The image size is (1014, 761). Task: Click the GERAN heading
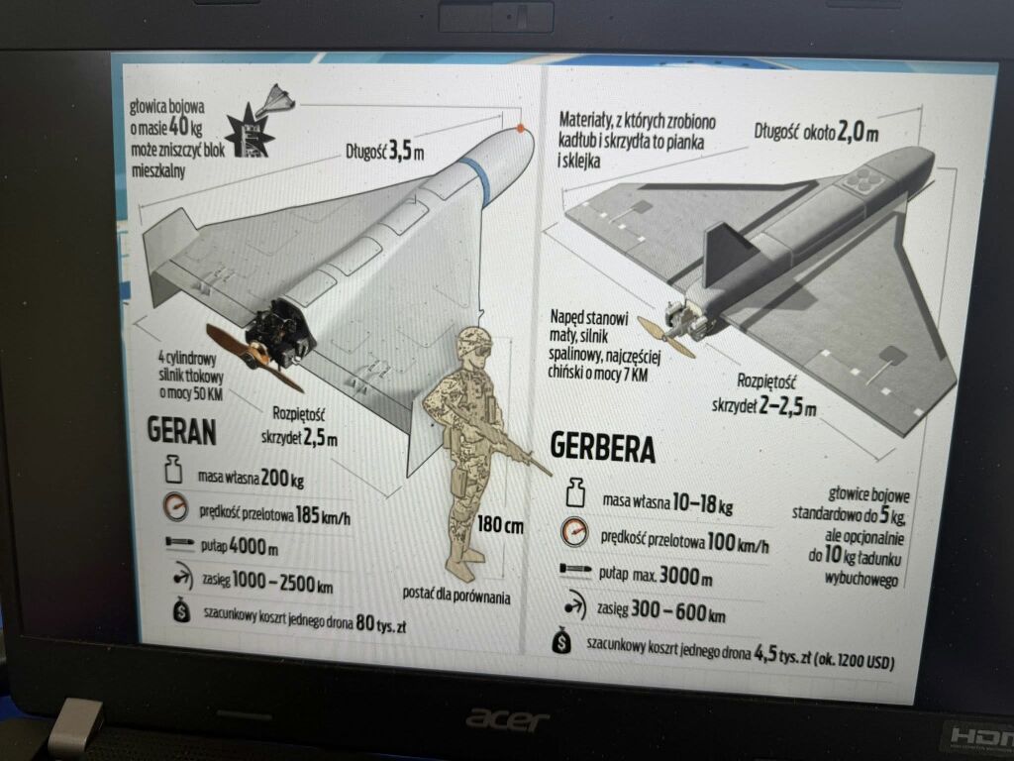[x=181, y=430]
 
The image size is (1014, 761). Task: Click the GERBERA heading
[x=602, y=448]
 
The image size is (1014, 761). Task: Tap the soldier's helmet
[x=475, y=339]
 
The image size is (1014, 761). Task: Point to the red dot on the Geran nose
[x=521, y=129]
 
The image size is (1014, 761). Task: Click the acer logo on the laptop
[x=508, y=719]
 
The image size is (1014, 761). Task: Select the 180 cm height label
[x=500, y=525]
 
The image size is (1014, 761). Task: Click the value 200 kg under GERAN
[x=282, y=479]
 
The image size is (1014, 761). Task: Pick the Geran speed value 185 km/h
[x=323, y=515]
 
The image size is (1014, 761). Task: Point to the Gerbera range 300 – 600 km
[x=677, y=610]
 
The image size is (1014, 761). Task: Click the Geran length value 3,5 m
[x=406, y=152]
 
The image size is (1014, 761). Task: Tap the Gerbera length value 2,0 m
[x=858, y=132]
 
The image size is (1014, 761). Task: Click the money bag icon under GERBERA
[x=562, y=641]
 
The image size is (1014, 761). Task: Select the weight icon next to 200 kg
[x=173, y=469]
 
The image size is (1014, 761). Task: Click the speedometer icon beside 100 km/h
[x=574, y=532]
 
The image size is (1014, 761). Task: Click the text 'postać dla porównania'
[x=456, y=595]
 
